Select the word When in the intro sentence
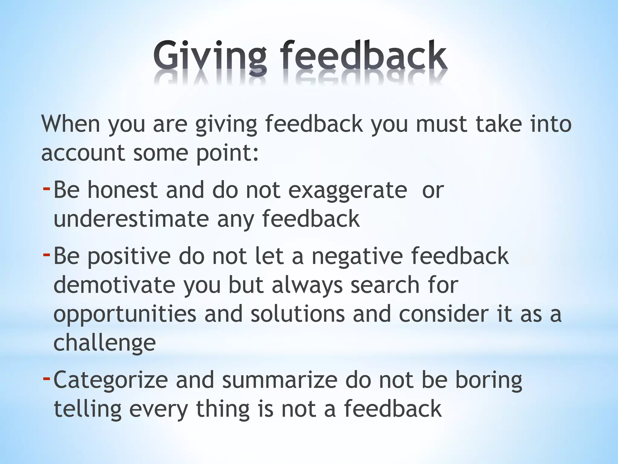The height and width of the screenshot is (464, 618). click(x=71, y=124)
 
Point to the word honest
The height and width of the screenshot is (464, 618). click(x=123, y=190)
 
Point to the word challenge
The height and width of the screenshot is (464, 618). click(x=104, y=343)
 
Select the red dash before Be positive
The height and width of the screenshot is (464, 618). click(x=46, y=255)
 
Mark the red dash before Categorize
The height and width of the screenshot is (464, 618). click(x=46, y=378)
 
